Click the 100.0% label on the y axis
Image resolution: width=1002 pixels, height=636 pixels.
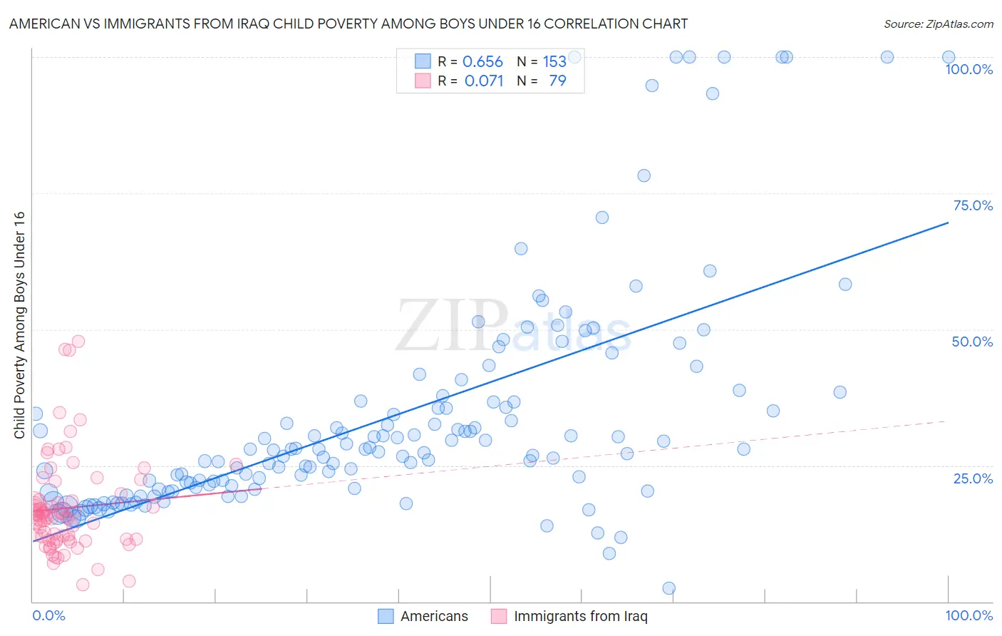(x=969, y=69)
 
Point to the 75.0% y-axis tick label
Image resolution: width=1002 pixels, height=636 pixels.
(x=973, y=205)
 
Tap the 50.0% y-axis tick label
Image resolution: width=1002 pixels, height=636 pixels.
(x=972, y=342)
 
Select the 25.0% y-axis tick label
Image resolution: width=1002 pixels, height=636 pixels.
(x=973, y=478)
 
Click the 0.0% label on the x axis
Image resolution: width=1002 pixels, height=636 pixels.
(x=48, y=615)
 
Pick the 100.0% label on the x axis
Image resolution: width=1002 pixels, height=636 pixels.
(x=969, y=615)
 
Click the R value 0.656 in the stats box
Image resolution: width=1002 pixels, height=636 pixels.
(x=482, y=62)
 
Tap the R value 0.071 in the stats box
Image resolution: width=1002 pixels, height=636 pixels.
(x=484, y=81)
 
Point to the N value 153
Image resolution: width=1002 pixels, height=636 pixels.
(x=554, y=62)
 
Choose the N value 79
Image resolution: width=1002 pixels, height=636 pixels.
(x=557, y=81)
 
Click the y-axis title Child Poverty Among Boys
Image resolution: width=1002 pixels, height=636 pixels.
(x=19, y=325)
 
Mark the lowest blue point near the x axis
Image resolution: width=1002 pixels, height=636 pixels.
(x=668, y=588)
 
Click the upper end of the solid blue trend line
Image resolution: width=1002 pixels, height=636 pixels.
(x=948, y=222)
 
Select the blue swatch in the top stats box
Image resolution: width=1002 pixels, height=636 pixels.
(x=423, y=62)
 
